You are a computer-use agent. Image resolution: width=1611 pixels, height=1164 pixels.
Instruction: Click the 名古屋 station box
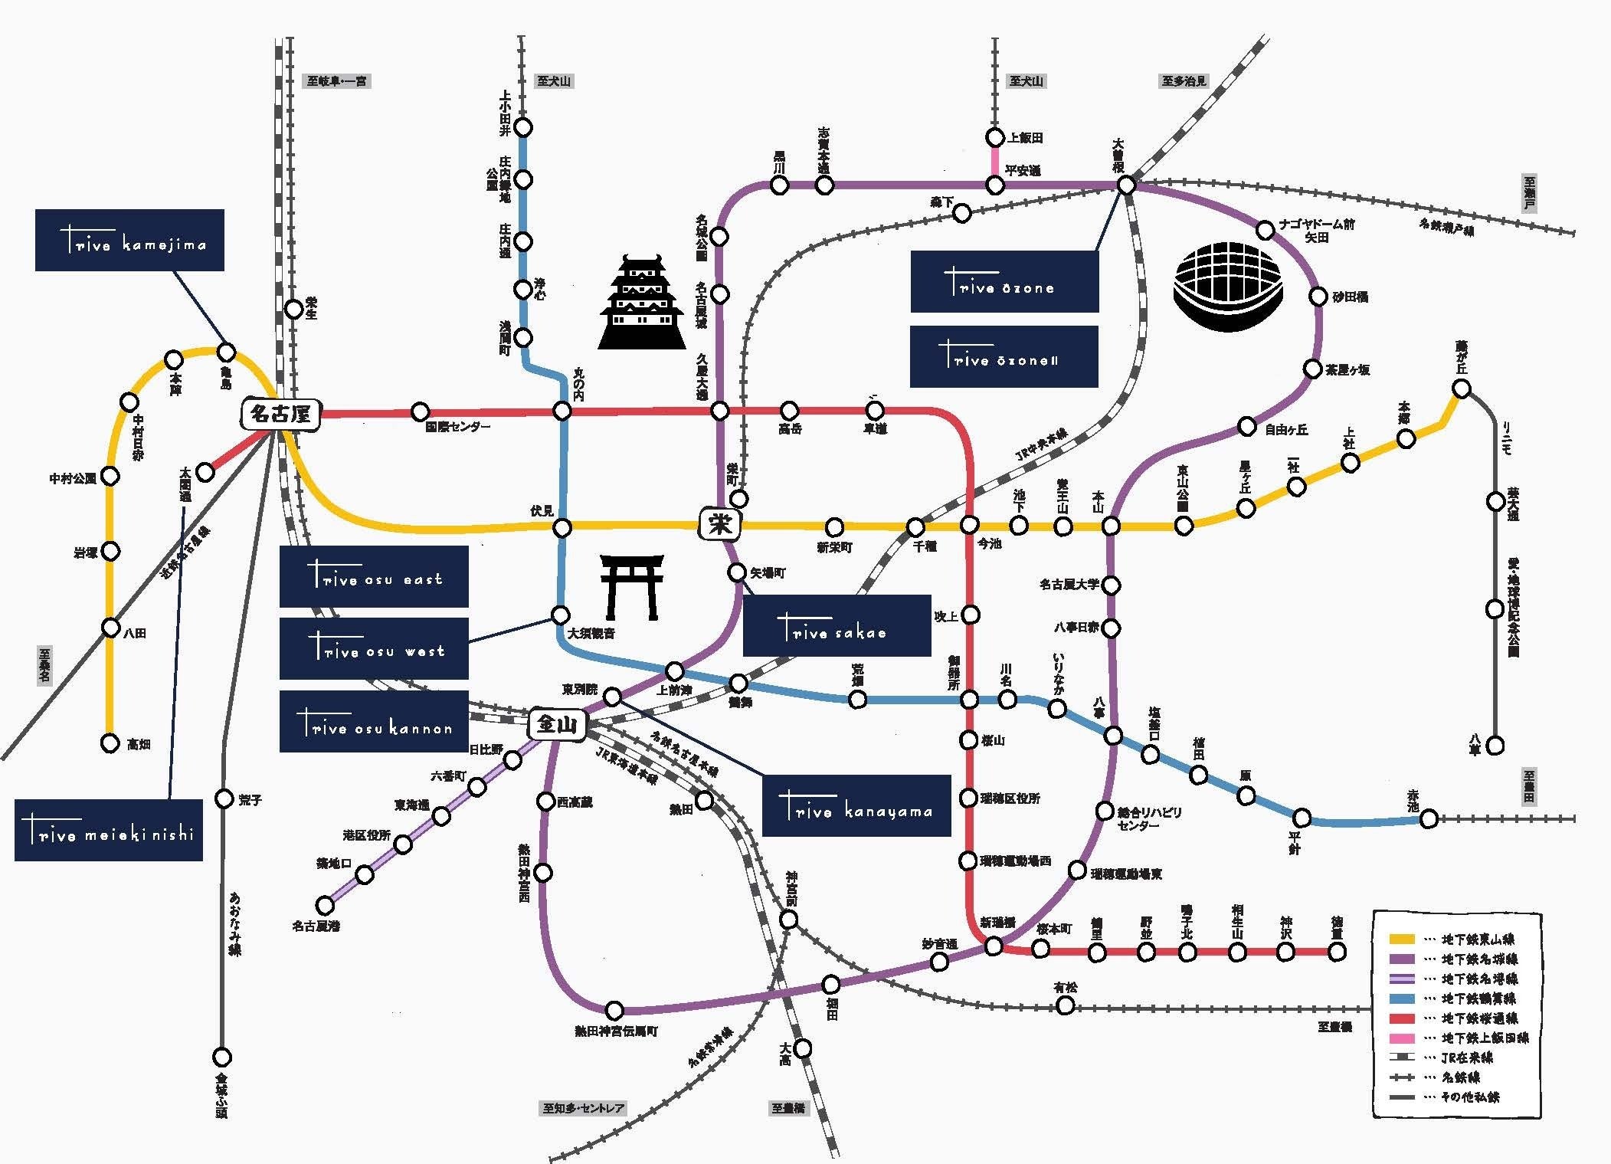[280, 415]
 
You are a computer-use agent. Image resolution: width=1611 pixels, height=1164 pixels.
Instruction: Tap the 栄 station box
[719, 524]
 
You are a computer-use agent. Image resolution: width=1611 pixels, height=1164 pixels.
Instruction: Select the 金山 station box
[557, 724]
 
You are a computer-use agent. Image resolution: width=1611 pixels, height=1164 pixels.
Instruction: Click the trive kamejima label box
[129, 241]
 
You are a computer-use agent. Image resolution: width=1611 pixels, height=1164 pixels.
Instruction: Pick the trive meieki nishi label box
[109, 831]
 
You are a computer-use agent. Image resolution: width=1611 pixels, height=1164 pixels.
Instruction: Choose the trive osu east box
[374, 576]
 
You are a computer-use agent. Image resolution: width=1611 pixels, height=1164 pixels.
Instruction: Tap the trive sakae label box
[837, 625]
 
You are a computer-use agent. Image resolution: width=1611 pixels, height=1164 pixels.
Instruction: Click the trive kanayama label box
[856, 805]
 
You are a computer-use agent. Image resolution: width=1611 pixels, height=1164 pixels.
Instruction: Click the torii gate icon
[631, 587]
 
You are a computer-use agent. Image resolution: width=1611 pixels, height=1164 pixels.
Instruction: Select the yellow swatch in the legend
[1401, 939]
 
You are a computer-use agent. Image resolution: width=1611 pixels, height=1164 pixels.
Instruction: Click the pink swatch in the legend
[1401, 1038]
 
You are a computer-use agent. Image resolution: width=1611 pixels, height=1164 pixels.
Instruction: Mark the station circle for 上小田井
[523, 126]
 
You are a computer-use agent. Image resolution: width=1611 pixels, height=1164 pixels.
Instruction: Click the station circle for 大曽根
[1126, 185]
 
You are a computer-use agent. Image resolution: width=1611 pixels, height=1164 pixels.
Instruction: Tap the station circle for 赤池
[1429, 819]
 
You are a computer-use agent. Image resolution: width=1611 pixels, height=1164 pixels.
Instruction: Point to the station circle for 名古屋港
[325, 905]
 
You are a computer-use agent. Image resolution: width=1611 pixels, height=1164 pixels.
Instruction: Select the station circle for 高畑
[110, 743]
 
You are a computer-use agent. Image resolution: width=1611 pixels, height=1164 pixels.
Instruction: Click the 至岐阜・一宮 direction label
[337, 80]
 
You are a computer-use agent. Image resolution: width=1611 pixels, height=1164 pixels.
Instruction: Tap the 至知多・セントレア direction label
[584, 1108]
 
